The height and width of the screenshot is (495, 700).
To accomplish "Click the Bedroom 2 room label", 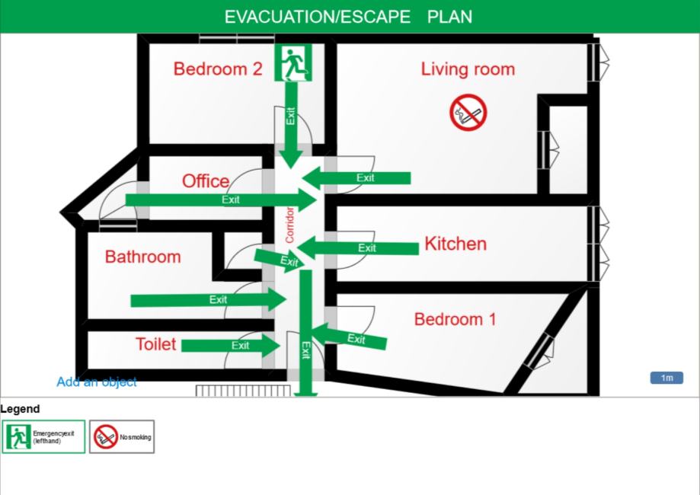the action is click(218, 69).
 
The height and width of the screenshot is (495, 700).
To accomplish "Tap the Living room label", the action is click(468, 69).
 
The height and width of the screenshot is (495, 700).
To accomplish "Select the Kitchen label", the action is click(455, 244).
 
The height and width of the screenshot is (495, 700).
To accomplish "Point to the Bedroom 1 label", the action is click(455, 319).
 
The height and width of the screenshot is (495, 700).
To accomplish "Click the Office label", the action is click(205, 181).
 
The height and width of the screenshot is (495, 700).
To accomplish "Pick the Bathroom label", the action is click(142, 257).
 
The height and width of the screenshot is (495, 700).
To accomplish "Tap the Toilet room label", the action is click(155, 344).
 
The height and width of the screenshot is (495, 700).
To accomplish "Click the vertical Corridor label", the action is click(289, 225).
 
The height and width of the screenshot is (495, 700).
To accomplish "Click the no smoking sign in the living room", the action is click(468, 113).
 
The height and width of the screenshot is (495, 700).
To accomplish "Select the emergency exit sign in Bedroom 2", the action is click(294, 62).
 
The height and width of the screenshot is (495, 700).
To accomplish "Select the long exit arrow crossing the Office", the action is click(221, 200).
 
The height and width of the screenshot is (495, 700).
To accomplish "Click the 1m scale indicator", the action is click(666, 378).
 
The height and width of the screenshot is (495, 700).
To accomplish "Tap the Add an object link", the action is click(97, 382).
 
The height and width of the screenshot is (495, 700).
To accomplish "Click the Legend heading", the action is click(20, 409).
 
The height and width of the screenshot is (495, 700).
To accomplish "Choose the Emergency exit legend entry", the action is click(43, 437).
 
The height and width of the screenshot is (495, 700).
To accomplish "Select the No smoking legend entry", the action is click(122, 437).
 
